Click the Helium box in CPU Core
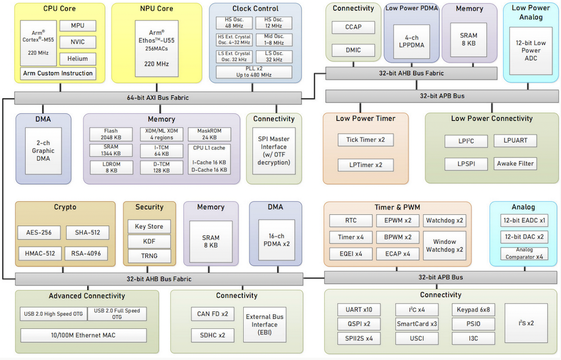tap(78, 59)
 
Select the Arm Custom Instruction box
tap(58, 73)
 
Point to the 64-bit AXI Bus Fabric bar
tap(158, 97)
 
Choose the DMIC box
tap(353, 50)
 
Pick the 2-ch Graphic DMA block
tap(44, 149)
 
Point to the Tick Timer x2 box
tap(365, 140)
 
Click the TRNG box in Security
tap(149, 255)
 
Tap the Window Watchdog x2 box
tap(444, 245)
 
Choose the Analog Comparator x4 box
tap(524, 253)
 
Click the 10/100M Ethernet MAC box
tap(84, 335)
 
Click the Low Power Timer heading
tap(365, 118)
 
